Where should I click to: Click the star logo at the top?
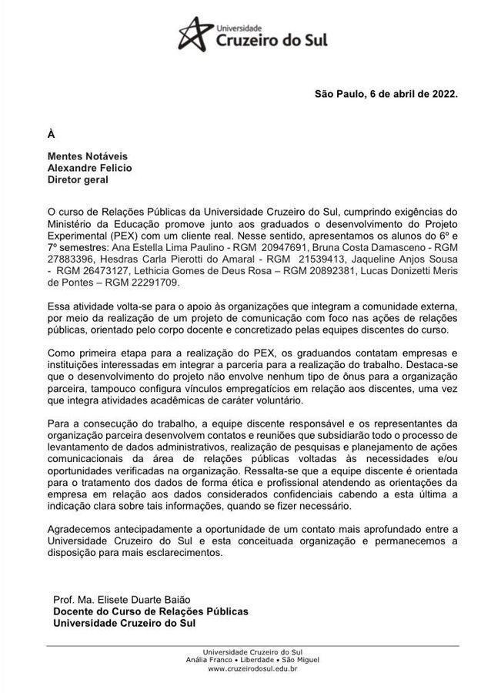coord(196,33)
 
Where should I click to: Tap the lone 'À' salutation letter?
coord(51,134)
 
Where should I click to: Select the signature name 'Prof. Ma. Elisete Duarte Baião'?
coord(122,600)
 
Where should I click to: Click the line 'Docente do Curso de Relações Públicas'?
coord(151,611)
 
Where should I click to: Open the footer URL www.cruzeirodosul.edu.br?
coord(252,669)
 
